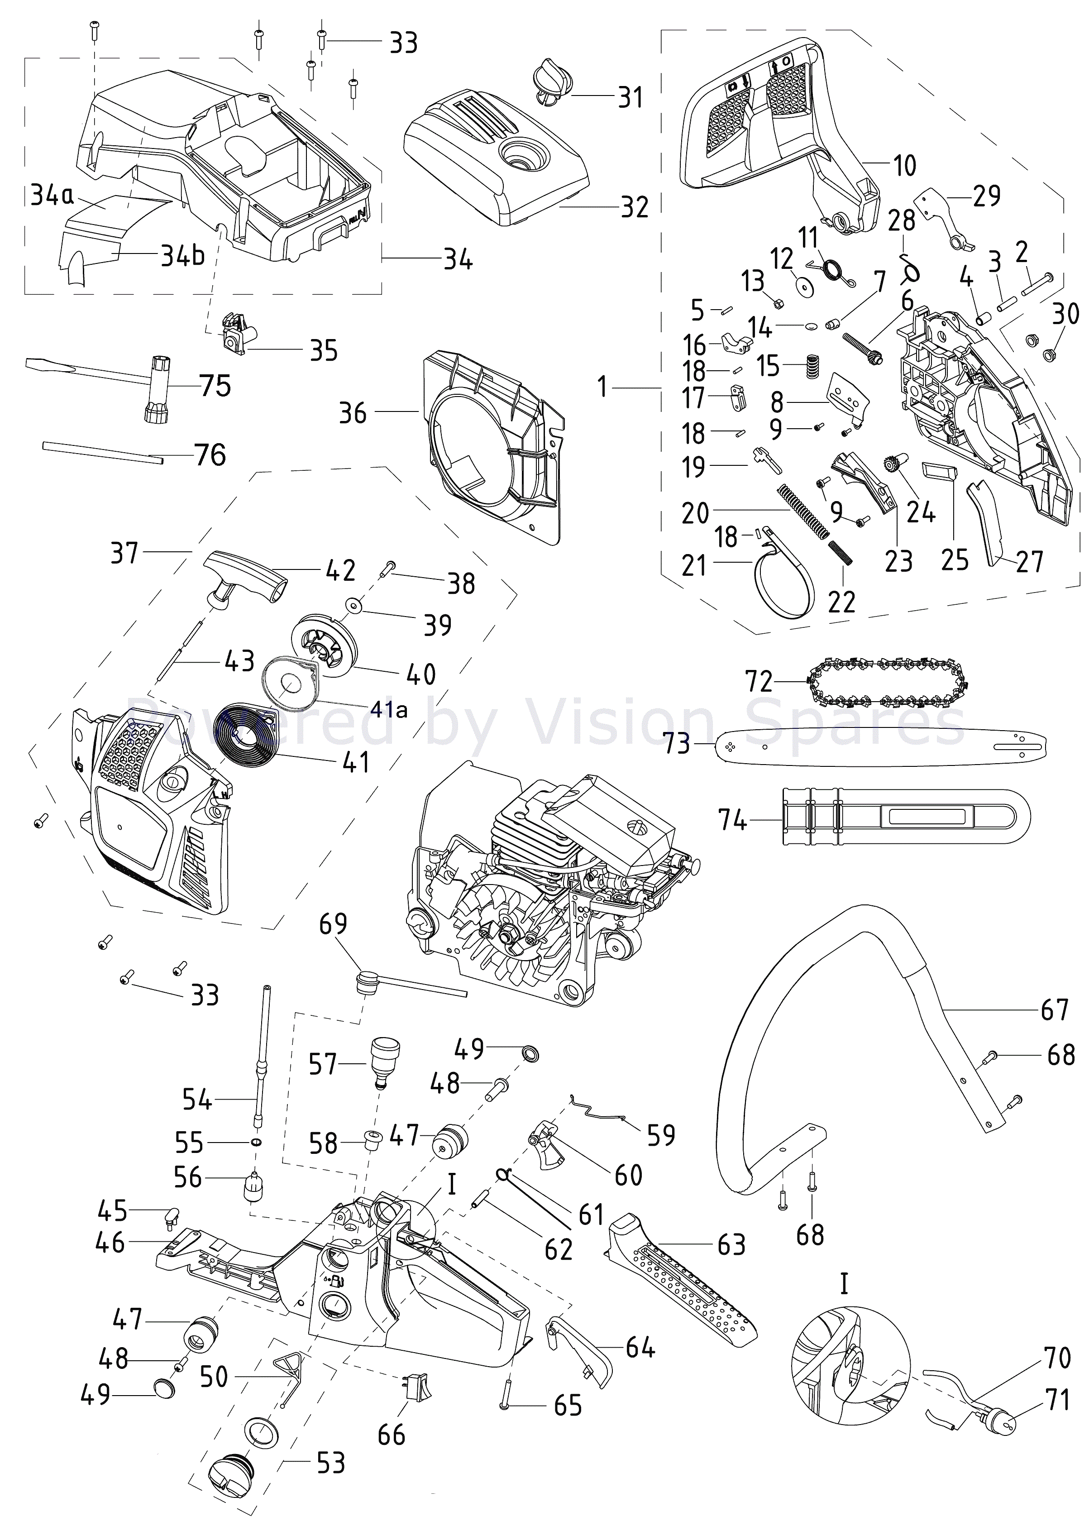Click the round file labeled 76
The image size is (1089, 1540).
coord(100,451)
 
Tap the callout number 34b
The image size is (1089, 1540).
coord(182,255)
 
